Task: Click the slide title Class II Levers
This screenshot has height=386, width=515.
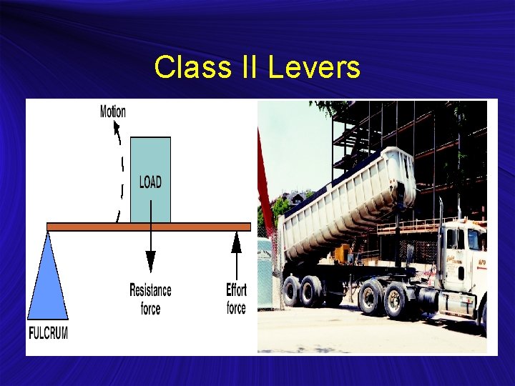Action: [257, 68]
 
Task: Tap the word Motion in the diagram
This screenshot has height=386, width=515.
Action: [112, 112]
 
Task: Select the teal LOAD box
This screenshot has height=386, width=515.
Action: [150, 179]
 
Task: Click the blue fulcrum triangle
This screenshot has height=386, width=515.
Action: [48, 279]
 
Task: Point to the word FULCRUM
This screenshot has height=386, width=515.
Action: [48, 333]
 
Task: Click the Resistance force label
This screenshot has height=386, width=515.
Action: [150, 299]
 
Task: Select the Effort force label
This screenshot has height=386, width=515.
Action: [236, 299]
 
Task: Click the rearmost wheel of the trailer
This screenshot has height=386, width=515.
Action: [291, 291]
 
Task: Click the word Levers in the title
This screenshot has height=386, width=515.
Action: [314, 68]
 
